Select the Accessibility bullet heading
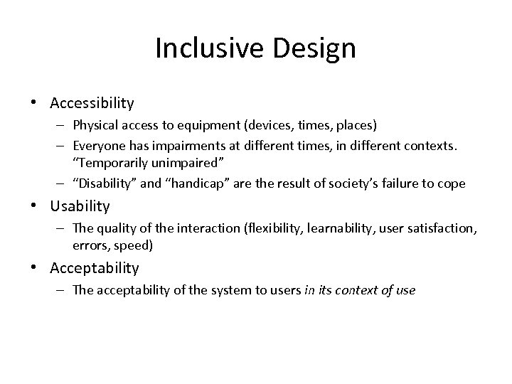pos(92,103)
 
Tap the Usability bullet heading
pos(80,206)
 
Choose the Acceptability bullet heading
pos(95,268)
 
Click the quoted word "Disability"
pos(99,183)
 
